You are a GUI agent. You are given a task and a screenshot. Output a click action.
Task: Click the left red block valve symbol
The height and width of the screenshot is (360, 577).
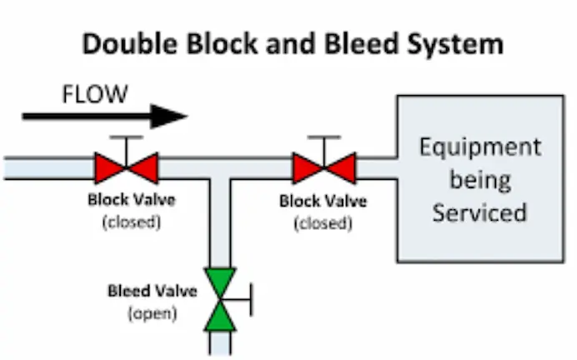(x=126, y=167)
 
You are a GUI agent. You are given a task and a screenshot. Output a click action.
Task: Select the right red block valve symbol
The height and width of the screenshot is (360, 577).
(x=324, y=167)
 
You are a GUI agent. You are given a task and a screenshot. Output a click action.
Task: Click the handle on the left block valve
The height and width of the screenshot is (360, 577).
(x=126, y=137)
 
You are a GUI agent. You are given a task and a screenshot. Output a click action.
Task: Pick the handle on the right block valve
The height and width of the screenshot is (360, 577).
(x=324, y=137)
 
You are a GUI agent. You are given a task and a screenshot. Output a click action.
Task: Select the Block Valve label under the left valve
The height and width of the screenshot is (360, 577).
(x=131, y=200)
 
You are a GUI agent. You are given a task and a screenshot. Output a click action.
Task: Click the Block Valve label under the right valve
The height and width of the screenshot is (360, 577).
(x=322, y=201)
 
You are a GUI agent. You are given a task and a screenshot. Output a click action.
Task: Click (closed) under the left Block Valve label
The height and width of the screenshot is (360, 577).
(x=131, y=222)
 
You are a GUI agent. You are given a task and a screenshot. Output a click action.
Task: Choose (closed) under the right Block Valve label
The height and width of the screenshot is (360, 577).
(x=322, y=222)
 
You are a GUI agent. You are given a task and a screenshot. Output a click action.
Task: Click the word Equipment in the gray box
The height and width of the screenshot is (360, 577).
(x=479, y=147)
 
